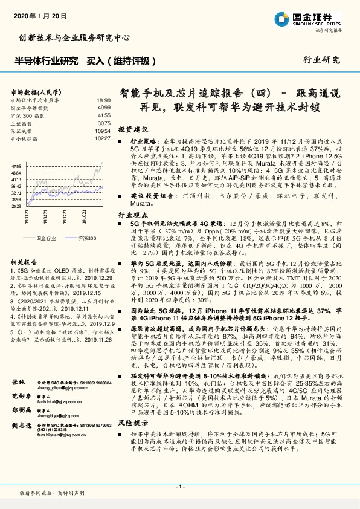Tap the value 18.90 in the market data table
(103, 100)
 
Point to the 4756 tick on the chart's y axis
(16, 164)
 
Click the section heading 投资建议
(133, 130)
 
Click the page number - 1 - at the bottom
(179, 486)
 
